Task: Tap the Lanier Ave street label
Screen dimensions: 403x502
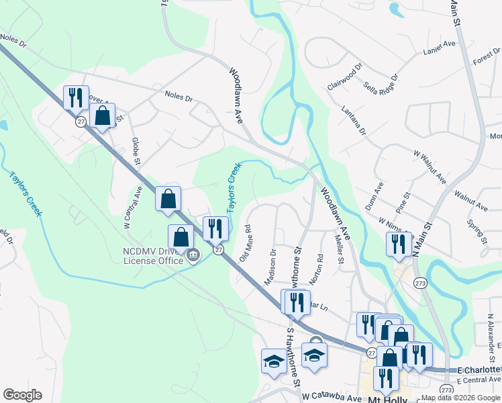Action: (440, 51)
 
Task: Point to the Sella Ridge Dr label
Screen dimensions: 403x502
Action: (381, 87)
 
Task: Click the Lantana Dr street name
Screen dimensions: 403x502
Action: (353, 120)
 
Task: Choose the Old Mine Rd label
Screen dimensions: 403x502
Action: (245, 242)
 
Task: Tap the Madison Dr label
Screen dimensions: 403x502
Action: (271, 267)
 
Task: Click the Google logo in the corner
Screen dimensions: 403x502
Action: (22, 395)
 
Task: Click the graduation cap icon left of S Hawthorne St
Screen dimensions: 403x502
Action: (274, 361)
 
